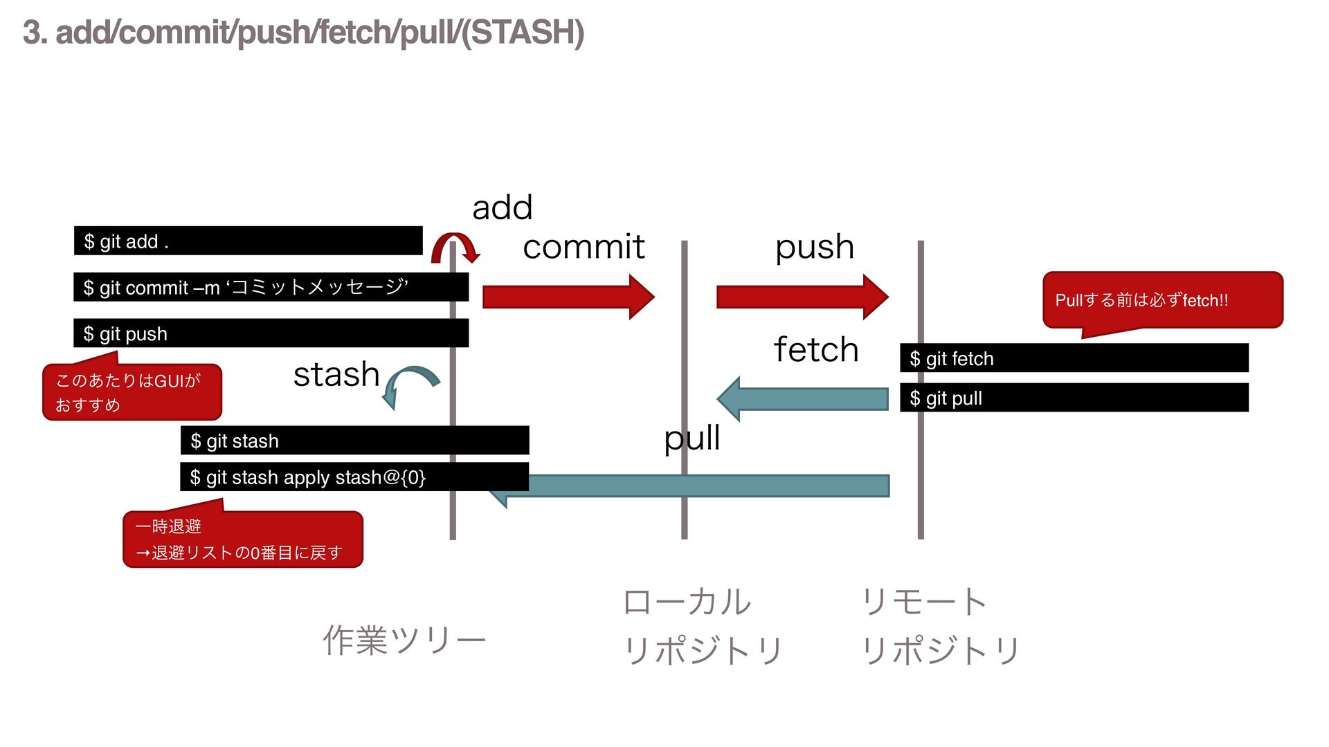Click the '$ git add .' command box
tap(248, 241)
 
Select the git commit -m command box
tap(271, 287)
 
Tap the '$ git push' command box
tap(271, 333)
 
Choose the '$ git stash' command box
tap(354, 441)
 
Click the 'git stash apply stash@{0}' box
tap(354, 477)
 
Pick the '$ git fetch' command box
tap(1074, 358)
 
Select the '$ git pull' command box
tap(1074, 398)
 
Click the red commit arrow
tap(568, 297)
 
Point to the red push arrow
tap(802, 297)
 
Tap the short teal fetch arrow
tap(802, 399)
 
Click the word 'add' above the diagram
tap(502, 207)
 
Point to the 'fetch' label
tap(816, 349)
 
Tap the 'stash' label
tap(336, 374)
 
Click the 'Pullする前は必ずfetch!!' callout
tap(1163, 300)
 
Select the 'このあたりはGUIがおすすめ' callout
tap(132, 391)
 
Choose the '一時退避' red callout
tap(243, 539)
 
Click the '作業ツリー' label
tap(404, 640)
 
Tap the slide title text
tap(303, 33)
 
